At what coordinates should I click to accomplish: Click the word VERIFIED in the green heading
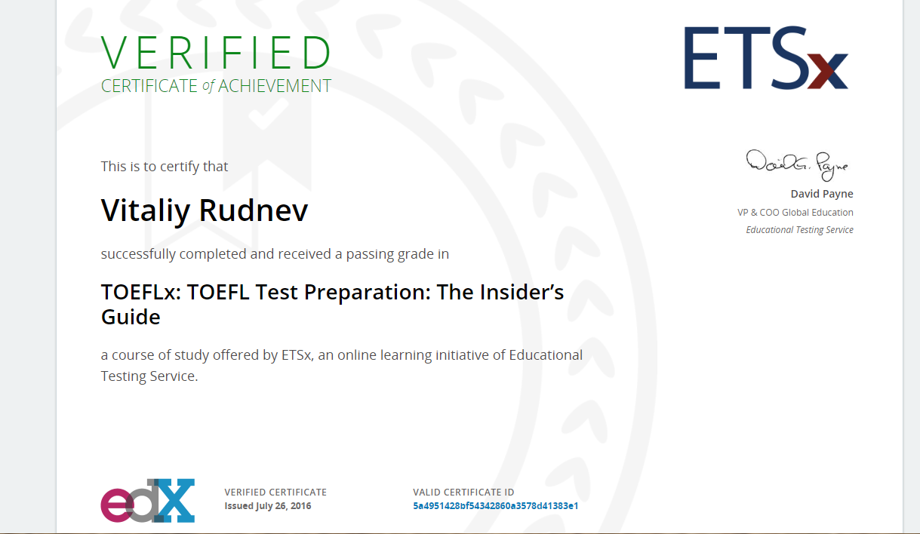pos(216,53)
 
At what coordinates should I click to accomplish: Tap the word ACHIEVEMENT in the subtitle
pos(275,86)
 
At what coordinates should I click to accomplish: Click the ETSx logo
pos(766,58)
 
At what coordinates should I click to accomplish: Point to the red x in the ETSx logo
pos(828,71)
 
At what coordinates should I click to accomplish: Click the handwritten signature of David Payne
pos(798,165)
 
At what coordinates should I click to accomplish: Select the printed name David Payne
pos(822,194)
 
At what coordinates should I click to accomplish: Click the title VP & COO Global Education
pos(795,212)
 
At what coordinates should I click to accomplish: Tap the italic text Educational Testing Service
pos(800,230)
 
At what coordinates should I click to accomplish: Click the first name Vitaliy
pos(146,211)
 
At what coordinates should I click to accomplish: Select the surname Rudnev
pos(254,210)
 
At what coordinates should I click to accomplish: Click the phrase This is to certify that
pos(165,167)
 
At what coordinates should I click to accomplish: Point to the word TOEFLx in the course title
pos(141,292)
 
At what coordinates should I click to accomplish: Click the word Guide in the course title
pos(131,318)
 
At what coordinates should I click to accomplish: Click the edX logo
pos(148,501)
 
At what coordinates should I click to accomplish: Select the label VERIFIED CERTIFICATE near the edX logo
pos(275,492)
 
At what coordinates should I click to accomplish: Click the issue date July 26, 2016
pos(283,506)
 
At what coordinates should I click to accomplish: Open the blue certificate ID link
pos(496,505)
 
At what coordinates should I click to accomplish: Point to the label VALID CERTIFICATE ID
pos(463,492)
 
